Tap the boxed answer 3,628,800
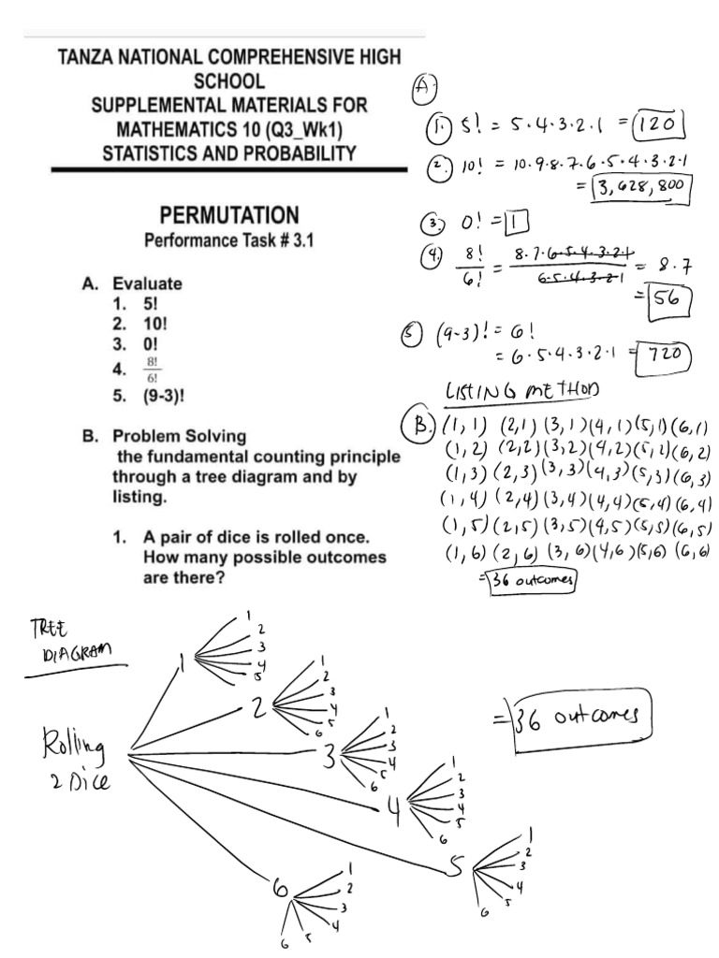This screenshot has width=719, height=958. (642, 192)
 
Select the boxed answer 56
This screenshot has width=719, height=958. (663, 303)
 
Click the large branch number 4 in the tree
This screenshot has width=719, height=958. (393, 810)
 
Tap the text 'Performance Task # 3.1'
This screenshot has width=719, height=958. (227, 240)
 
